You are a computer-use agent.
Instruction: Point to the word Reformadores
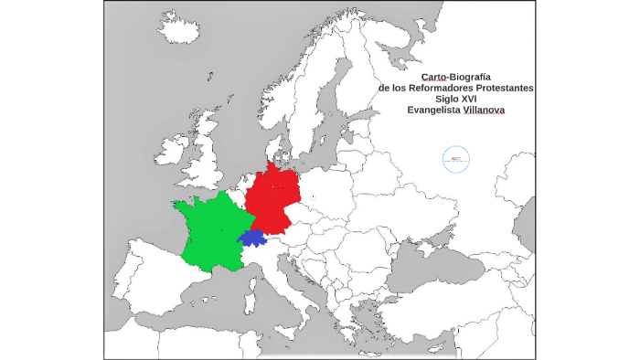pyautogui.click(x=431, y=88)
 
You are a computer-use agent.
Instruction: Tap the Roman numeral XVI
pyautogui.click(x=470, y=99)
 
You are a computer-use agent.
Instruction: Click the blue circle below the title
pyautogui.click(x=455, y=159)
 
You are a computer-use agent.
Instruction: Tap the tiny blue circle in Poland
pyautogui.click(x=313, y=196)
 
